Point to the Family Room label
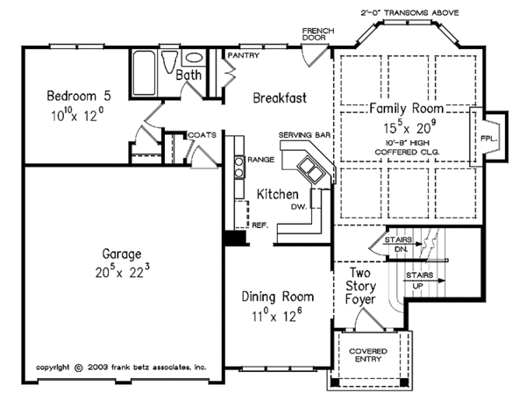405,109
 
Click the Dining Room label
277,296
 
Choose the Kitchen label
279,193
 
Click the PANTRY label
242,55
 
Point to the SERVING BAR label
302,134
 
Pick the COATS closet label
202,135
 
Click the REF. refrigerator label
260,225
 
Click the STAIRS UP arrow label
417,280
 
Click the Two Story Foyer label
362,286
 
